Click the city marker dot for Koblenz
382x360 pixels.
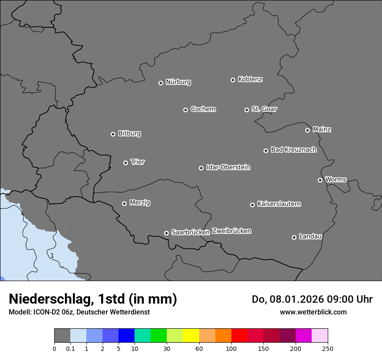233,80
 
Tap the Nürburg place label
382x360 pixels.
178,82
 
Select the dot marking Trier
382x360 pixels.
126,163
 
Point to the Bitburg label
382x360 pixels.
129,134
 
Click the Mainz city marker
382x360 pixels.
308,130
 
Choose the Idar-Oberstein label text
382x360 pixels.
228,167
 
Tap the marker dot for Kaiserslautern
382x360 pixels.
252,205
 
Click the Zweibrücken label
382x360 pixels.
231,231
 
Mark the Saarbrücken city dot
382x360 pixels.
166,233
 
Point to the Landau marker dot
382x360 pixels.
294,237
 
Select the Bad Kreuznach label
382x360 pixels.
293,150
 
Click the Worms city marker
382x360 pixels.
320,180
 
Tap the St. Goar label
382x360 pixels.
264,109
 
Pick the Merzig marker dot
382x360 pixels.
124,203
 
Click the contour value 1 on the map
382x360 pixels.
52,256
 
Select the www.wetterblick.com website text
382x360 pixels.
313,312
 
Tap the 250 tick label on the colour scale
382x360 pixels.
328,348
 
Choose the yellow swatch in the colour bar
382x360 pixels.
191,336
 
